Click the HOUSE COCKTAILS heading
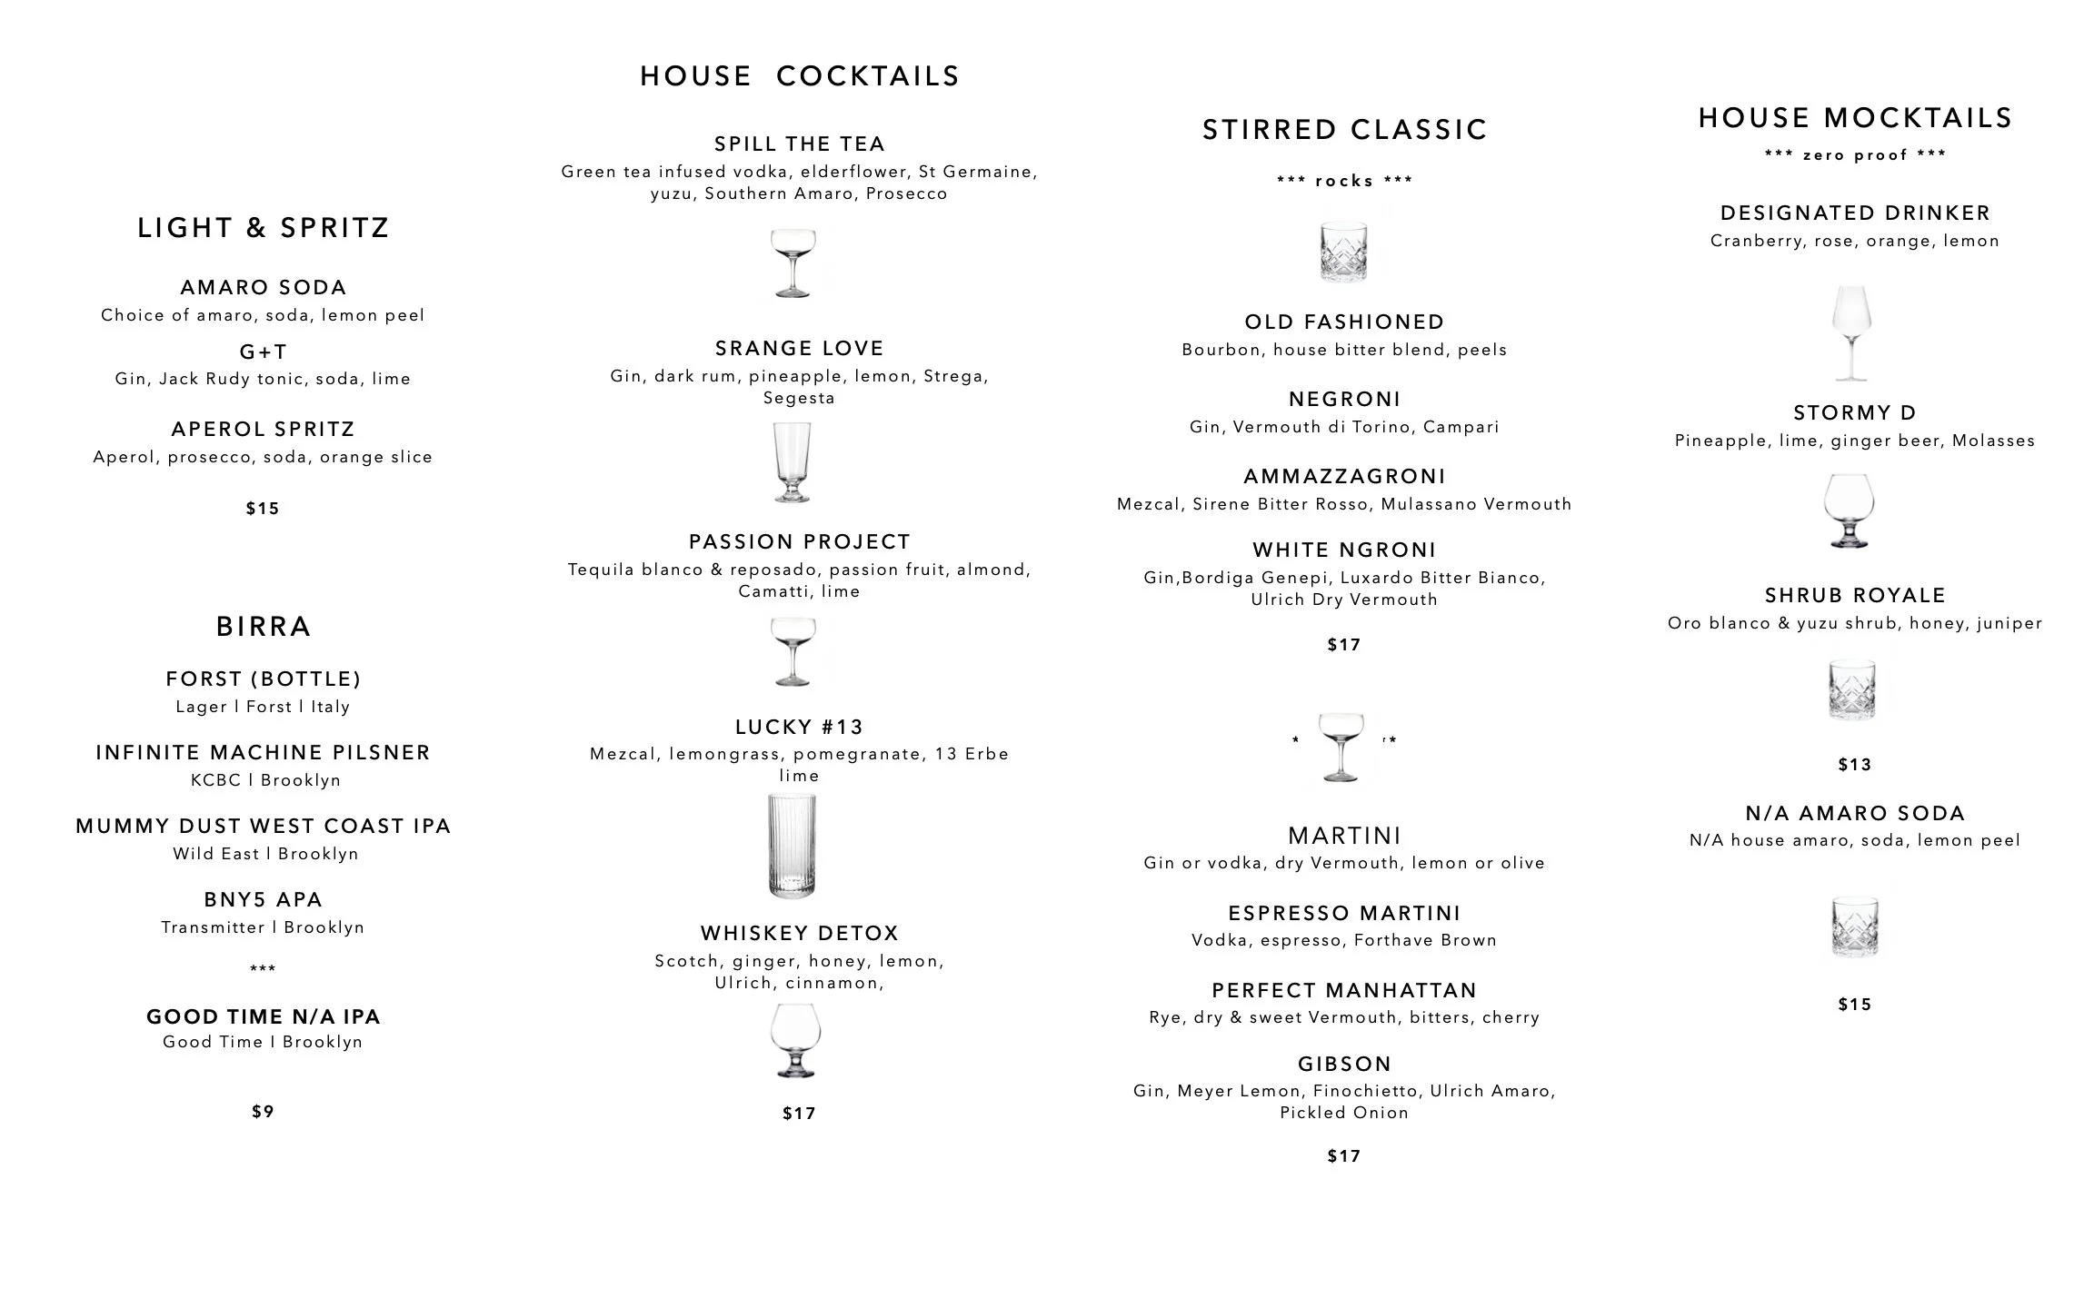[x=799, y=76]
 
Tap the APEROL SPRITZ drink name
[x=263, y=430]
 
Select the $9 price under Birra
[x=263, y=1112]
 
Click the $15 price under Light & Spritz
[x=263, y=509]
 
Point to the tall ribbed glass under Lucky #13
[x=792, y=846]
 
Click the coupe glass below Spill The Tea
[x=793, y=263]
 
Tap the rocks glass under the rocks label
[x=1343, y=251]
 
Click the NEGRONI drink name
[x=1344, y=400]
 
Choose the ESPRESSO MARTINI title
[x=1344, y=914]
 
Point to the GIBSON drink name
[x=1344, y=1065]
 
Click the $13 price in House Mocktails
[x=1855, y=765]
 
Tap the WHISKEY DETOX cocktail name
[x=799, y=934]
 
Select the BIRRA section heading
[x=263, y=627]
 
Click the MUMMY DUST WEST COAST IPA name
[x=263, y=827]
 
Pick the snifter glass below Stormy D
[x=1850, y=510]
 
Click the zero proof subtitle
[x=1855, y=155]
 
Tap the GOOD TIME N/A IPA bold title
[x=263, y=1017]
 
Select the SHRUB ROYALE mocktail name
[x=1855, y=596]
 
